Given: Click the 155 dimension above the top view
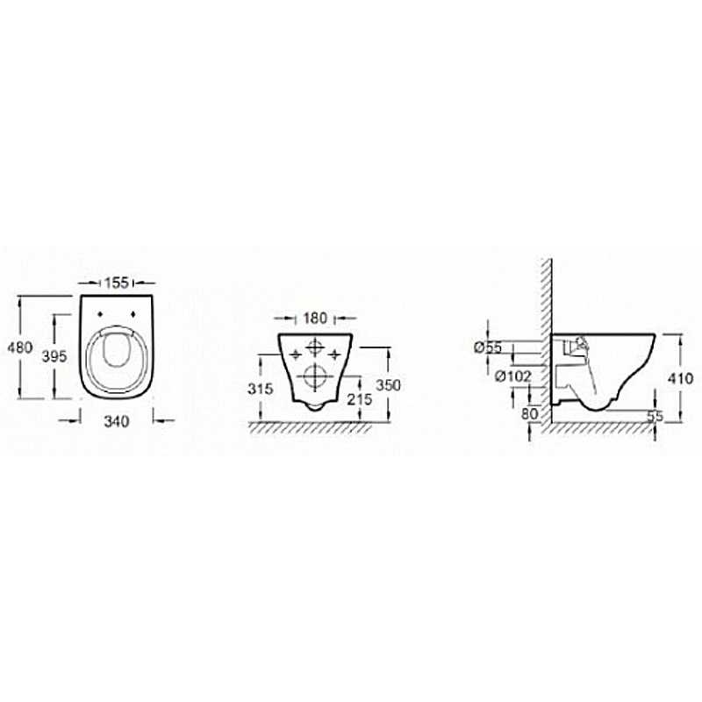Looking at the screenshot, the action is (117, 283).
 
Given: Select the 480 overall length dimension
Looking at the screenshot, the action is (19, 347).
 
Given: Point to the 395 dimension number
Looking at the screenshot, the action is (54, 356).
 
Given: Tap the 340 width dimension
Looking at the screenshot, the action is (117, 421).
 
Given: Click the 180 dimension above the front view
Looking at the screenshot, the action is (315, 319).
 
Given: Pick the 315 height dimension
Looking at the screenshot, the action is (260, 389).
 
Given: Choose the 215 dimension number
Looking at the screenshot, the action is (360, 399).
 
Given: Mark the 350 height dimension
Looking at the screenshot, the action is (388, 385).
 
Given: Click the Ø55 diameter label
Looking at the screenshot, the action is (488, 347).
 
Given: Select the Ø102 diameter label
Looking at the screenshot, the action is (513, 376).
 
